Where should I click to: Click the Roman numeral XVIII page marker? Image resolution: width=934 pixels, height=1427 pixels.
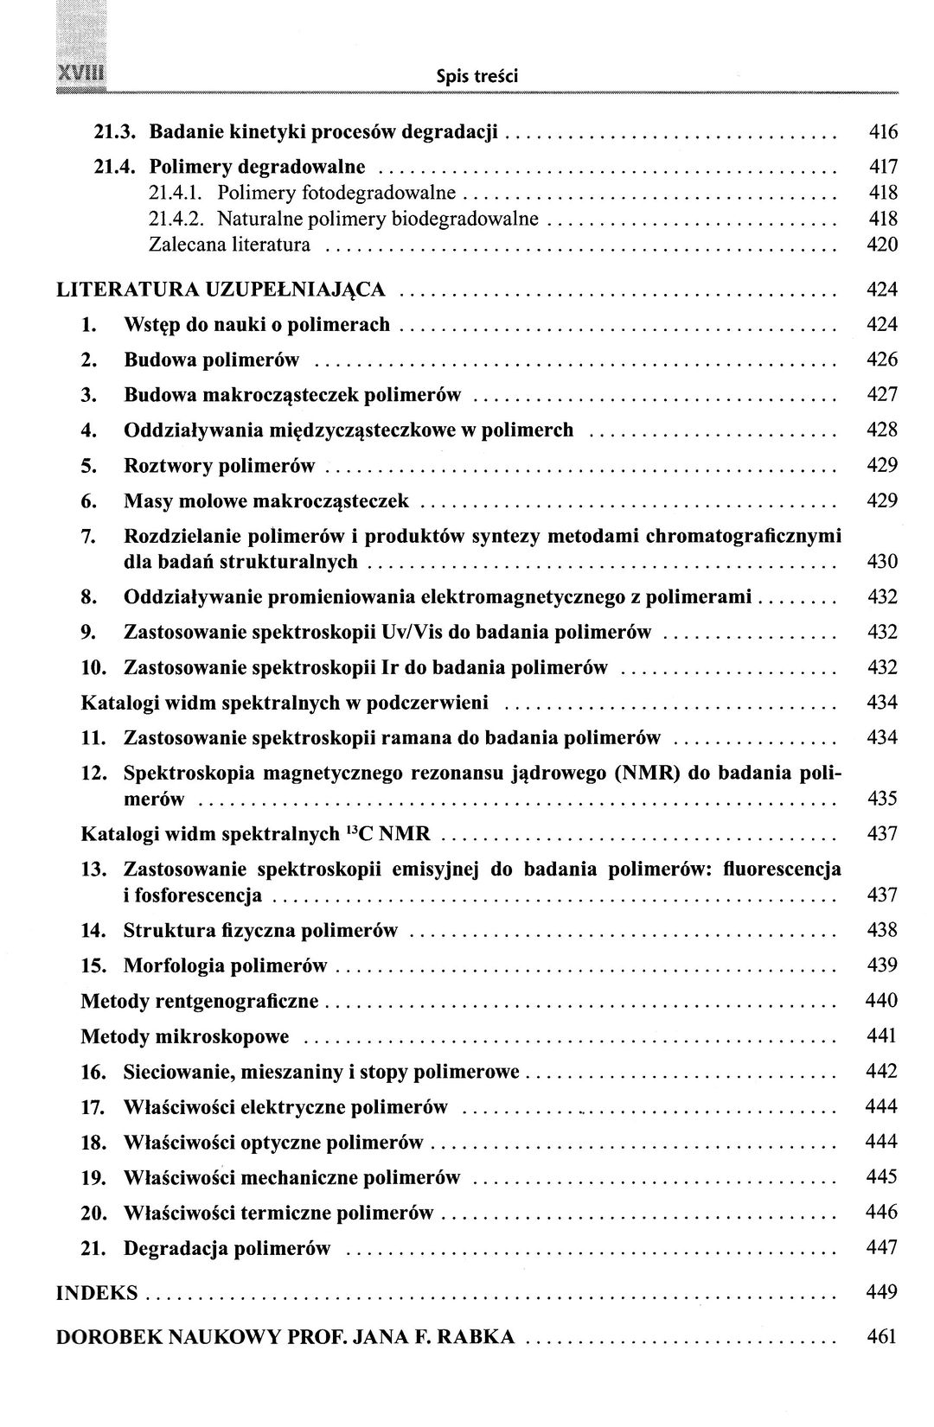[79, 73]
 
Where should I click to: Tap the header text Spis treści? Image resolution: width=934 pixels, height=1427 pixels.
[477, 77]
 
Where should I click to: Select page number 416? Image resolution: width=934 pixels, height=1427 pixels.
[882, 132]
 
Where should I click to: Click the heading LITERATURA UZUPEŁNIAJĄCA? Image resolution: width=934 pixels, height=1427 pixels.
[221, 289]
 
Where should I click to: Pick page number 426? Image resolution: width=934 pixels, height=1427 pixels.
[882, 360]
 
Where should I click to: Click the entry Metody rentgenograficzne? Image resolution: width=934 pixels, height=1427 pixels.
[200, 1001]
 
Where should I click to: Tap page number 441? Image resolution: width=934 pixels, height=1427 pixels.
[882, 1035]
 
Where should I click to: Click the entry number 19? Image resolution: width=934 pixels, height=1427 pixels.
[93, 1177]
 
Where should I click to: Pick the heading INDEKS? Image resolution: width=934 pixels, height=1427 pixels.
[97, 1293]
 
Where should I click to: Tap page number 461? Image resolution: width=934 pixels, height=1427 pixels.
[882, 1337]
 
